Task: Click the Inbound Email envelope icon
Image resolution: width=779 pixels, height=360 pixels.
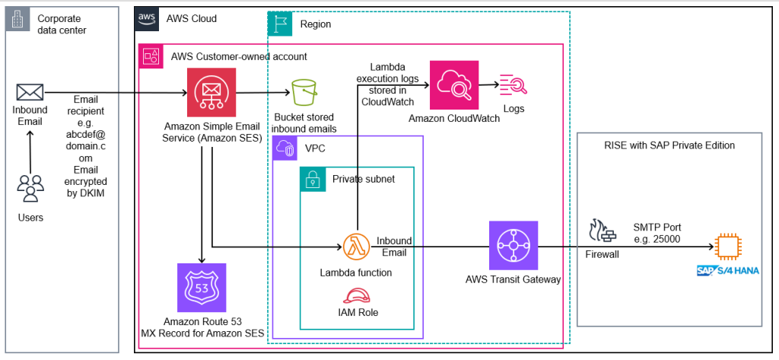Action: click(x=30, y=93)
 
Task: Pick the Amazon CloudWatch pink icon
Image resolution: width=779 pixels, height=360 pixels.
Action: click(x=454, y=85)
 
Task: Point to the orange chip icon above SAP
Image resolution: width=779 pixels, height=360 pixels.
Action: click(x=728, y=247)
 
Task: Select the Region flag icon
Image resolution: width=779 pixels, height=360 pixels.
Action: click(x=281, y=24)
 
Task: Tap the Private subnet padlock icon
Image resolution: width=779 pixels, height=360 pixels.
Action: click(x=311, y=180)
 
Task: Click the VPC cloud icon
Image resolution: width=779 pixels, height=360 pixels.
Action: click(x=285, y=149)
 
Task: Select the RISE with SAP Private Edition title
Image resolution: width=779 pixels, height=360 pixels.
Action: click(x=669, y=145)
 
